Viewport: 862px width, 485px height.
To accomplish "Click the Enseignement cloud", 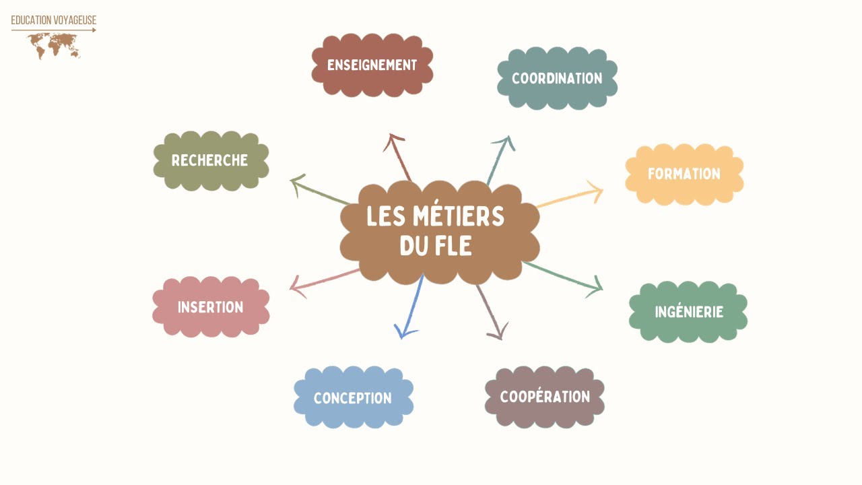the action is [372, 65].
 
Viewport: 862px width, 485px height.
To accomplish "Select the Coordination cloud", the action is [557, 78].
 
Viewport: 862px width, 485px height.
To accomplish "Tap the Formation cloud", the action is [684, 174].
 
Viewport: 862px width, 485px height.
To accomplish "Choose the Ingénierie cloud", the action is [688, 311].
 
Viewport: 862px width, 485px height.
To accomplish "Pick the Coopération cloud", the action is [545, 397].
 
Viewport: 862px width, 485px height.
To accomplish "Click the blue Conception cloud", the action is [354, 397].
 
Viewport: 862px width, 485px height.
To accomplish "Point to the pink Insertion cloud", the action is [211, 306].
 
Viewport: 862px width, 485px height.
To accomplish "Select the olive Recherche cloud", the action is [211, 160].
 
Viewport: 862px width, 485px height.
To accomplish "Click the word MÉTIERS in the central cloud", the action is [458, 216].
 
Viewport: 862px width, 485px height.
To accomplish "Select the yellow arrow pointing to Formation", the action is [570, 194].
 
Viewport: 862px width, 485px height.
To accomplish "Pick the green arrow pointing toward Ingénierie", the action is [562, 279].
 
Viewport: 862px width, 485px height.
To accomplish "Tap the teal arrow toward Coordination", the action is [500, 161].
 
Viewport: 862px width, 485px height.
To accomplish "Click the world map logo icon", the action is [54, 46].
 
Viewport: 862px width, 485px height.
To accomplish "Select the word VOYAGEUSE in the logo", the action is [75, 20].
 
